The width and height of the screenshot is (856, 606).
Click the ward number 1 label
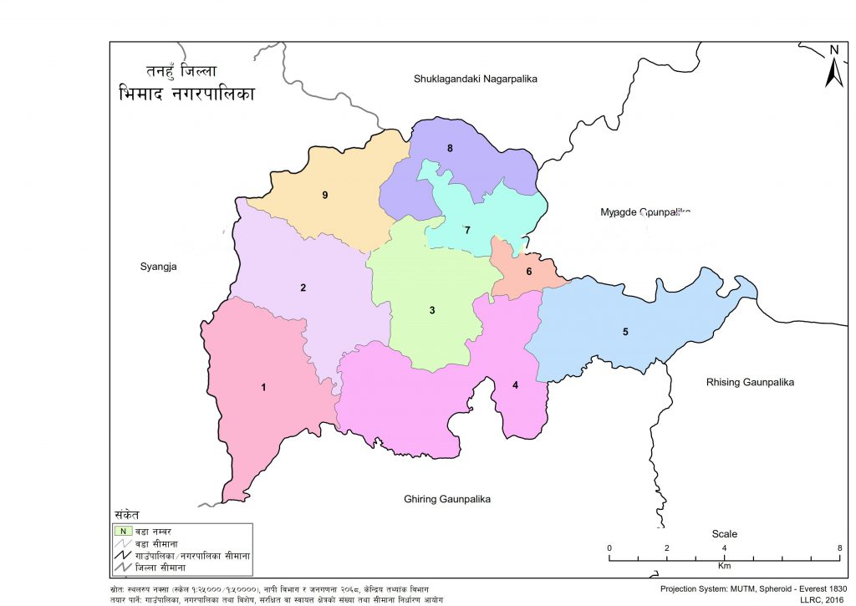[x=263, y=387]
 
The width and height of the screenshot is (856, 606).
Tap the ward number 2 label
[x=303, y=288]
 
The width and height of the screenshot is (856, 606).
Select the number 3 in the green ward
[x=432, y=311]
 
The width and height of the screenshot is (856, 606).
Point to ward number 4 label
[x=516, y=385]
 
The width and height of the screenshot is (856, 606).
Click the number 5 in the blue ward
[x=625, y=332]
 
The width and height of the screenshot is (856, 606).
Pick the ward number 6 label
[x=528, y=272]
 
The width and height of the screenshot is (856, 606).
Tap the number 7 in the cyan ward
[x=468, y=230]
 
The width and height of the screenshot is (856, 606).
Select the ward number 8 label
[x=450, y=149]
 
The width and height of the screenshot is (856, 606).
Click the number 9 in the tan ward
[x=324, y=196]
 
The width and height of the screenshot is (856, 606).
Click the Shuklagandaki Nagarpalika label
[x=474, y=79]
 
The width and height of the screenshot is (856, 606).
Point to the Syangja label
[x=160, y=267]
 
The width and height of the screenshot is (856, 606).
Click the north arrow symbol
[x=833, y=67]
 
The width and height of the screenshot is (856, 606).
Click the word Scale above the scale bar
[x=724, y=534]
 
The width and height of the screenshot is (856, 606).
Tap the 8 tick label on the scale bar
[x=838, y=547]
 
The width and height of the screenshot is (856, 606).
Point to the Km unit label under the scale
[x=724, y=566]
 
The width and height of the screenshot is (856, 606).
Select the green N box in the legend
[x=123, y=530]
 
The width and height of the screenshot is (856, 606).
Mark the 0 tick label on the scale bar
[x=609, y=547]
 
